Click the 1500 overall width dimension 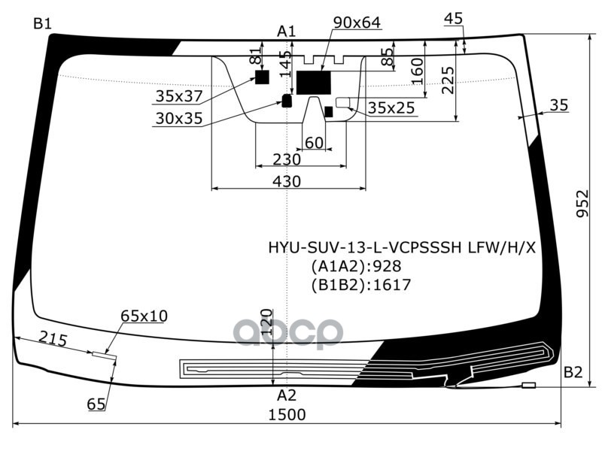pos(287,414)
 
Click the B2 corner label pos(573,371)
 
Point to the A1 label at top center pos(287,31)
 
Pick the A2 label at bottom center pos(287,395)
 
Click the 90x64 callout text pos(357,23)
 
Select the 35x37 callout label pos(179,96)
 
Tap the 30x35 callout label pos(179,118)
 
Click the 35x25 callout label pos(391,108)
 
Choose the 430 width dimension pos(287,181)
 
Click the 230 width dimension pos(287,159)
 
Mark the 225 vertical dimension pos(448,79)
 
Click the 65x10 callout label pos(144,316)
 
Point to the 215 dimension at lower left pos(53,339)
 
